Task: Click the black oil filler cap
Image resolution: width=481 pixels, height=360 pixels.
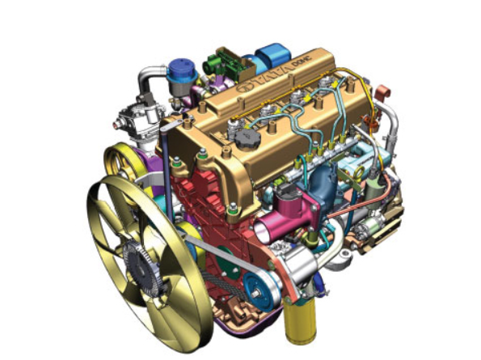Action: (247, 139)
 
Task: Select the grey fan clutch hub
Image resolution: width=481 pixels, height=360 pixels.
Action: (141, 269)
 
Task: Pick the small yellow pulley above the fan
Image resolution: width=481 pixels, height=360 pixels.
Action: (124, 163)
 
